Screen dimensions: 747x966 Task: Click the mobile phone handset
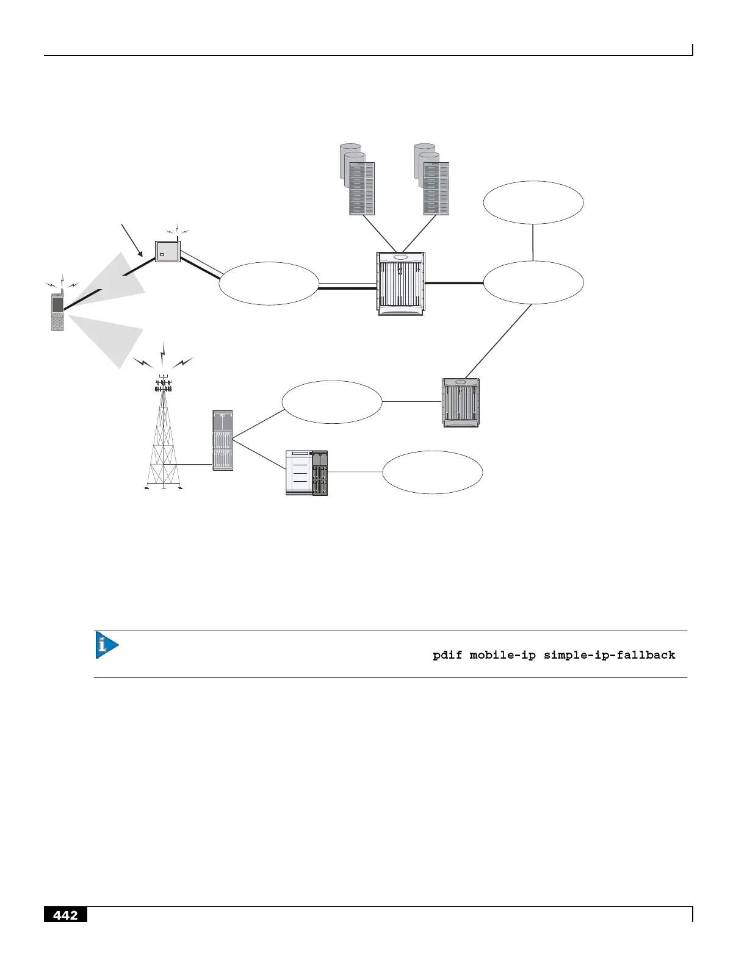click(57, 312)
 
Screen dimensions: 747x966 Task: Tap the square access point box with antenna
click(167, 251)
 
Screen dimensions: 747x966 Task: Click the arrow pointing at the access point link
click(132, 240)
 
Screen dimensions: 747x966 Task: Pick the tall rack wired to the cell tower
click(223, 440)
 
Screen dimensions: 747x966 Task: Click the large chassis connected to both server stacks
click(400, 284)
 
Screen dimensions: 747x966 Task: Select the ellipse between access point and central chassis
click(269, 284)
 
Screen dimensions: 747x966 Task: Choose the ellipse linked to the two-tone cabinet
click(433, 473)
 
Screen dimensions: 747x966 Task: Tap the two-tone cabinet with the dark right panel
click(307, 473)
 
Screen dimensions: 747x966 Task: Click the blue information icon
click(106, 645)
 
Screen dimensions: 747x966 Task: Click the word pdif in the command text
click(447, 655)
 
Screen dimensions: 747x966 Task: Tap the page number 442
click(65, 915)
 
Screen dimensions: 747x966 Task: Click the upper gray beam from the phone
click(119, 281)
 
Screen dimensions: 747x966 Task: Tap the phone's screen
click(57, 304)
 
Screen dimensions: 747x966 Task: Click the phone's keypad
click(57, 321)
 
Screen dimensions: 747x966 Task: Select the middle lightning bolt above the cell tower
click(163, 353)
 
